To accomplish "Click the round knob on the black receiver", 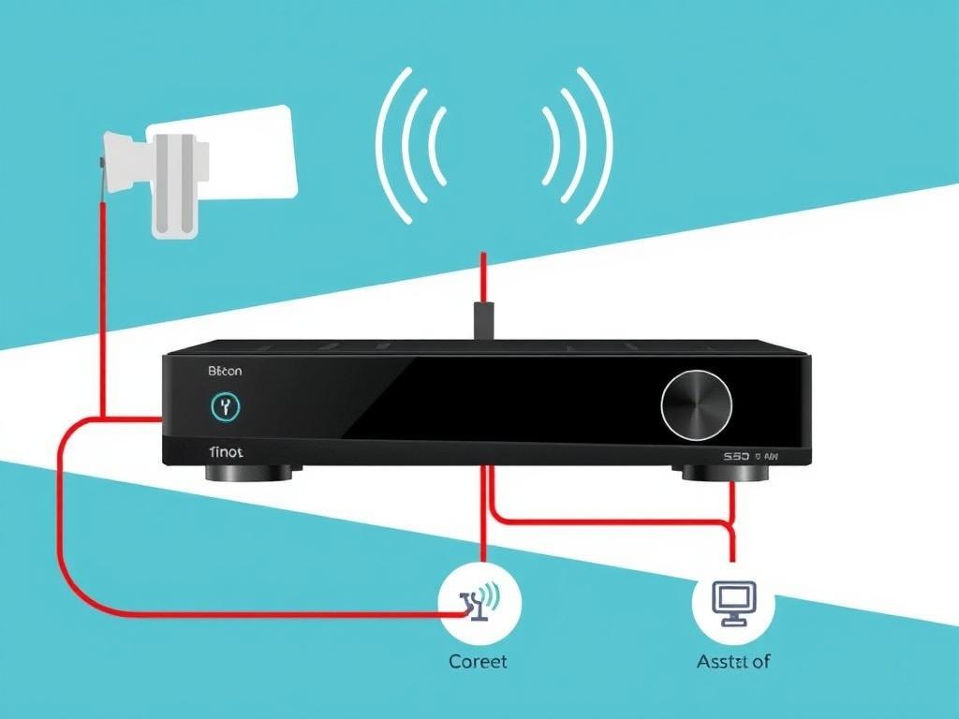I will click(x=697, y=405).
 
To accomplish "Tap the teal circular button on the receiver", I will click(x=224, y=405).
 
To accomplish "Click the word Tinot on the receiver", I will click(x=226, y=451).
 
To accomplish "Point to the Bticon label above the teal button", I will click(x=224, y=371).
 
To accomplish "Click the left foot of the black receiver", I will click(x=248, y=473).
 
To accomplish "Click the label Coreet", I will click(x=478, y=661).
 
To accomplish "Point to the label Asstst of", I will click(x=733, y=661).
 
